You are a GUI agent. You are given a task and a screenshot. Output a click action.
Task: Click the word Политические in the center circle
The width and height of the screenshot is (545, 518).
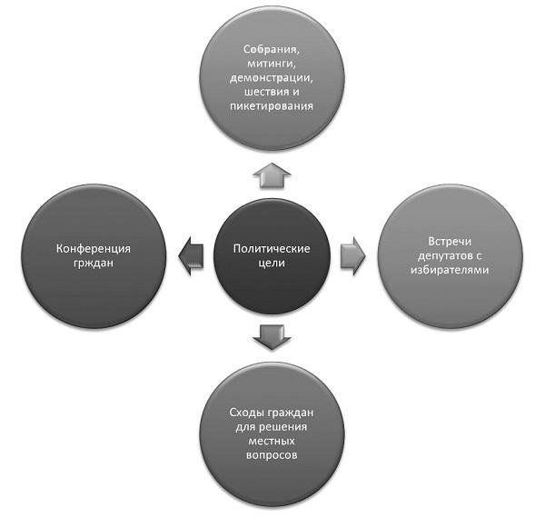pos(272,247)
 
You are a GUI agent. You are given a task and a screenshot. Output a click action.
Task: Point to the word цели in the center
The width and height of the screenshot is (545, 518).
pos(272,263)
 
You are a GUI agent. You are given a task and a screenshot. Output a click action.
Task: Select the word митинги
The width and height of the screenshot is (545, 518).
pos(272,63)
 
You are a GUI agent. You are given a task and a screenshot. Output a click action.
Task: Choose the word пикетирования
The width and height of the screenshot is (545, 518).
pos(272,106)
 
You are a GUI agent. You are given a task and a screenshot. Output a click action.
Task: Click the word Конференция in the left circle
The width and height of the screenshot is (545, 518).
pos(96,247)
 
